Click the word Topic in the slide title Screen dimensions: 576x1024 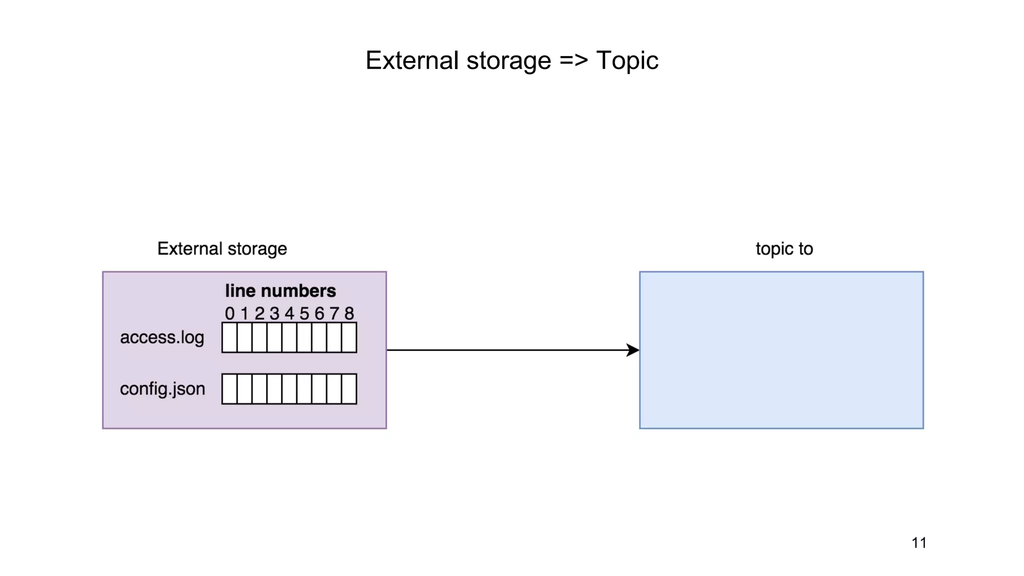627,60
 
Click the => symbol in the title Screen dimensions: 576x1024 573,60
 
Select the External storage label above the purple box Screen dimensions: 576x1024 222,248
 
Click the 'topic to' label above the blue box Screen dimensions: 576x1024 783,248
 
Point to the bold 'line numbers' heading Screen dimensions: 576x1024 280,290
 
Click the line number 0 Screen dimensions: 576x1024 229,313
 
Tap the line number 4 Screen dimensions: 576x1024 289,313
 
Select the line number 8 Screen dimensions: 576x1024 349,313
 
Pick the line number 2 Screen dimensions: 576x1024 259,313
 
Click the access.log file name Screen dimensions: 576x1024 162,337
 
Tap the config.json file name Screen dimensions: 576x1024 162,388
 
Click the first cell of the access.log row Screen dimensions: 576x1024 229,337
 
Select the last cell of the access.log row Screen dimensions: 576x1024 349,337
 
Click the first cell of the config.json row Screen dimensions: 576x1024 229,388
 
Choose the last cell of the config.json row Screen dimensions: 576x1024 349,388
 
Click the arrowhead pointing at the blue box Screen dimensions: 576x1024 633,350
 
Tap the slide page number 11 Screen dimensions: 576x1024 918,542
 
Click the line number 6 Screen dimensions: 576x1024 319,313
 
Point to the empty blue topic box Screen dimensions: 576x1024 781,350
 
